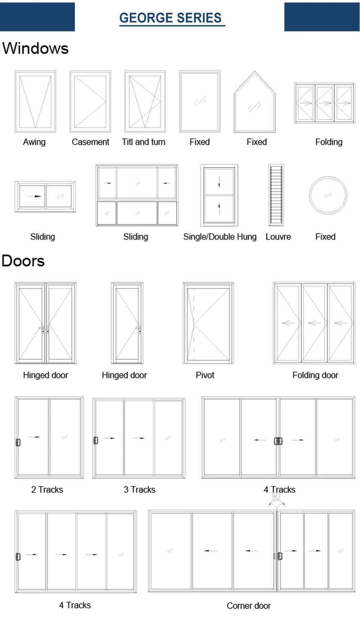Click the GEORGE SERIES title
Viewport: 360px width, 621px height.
point(171,18)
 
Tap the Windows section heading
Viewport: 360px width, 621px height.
point(35,48)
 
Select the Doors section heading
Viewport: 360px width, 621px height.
point(23,261)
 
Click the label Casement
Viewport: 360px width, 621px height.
point(90,142)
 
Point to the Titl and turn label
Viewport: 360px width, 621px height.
point(144,142)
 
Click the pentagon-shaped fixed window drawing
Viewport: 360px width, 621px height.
point(234,108)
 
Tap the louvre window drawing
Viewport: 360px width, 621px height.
point(276,195)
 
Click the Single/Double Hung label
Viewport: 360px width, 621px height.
point(220,237)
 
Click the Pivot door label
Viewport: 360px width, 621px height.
point(205,375)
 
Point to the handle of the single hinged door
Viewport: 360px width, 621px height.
point(139,329)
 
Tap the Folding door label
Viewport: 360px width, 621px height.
point(315,375)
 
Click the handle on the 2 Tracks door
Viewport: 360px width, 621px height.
point(18,442)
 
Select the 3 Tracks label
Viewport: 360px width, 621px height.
point(140,490)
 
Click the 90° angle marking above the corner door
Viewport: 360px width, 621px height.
point(276,497)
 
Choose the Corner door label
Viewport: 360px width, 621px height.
point(249,606)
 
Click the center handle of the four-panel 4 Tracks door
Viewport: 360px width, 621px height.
point(278,441)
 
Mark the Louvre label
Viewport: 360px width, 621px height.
point(278,237)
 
